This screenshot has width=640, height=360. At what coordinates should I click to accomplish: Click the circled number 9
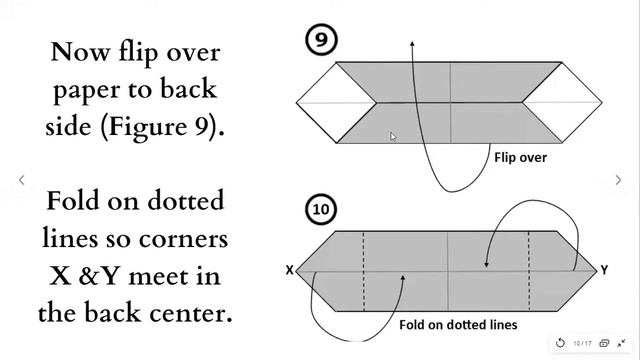pos(321,40)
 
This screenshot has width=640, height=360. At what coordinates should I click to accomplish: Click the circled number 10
pos(321,209)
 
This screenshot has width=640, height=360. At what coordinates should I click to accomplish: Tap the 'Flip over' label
pos(520,158)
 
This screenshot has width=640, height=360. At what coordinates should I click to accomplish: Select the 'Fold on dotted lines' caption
pos(458,325)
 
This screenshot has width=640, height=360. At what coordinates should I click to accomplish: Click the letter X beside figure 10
pos(289,270)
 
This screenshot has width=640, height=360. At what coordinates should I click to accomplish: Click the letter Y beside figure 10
pos(604,270)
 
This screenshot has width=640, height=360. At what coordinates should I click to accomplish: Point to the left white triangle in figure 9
pos(336,102)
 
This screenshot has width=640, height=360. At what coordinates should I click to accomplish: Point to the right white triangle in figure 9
pos(562,102)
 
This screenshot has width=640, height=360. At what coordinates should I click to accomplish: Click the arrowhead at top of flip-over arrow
pos(413,43)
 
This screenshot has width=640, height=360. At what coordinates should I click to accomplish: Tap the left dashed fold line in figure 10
pos(363,271)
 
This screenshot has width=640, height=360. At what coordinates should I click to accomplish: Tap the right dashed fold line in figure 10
pos(529,271)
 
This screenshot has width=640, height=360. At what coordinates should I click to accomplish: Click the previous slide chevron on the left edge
pos(22,180)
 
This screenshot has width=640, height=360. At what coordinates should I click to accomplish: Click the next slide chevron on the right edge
pos(618,180)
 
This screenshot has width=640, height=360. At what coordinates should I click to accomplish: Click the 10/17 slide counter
pos(582,343)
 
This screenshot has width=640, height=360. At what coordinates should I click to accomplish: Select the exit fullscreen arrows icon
pos(621,343)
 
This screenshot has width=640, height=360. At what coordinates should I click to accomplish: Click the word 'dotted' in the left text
pos(186,200)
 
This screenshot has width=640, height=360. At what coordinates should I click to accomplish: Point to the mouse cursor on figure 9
pos(393,137)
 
